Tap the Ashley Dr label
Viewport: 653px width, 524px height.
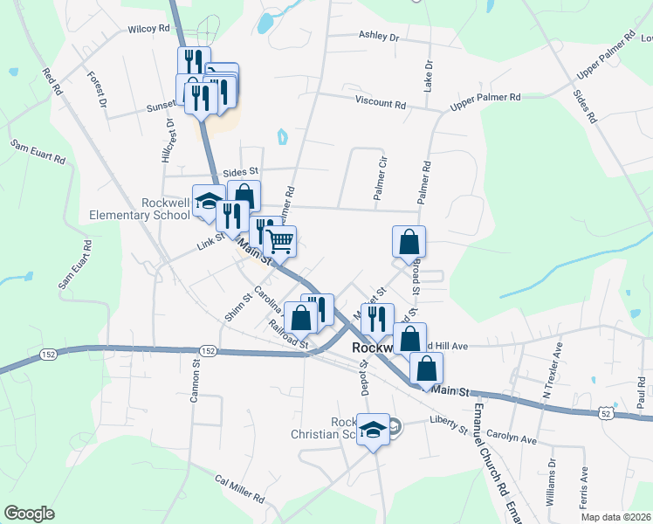378,38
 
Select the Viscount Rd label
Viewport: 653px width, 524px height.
381,104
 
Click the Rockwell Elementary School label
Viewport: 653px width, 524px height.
140,209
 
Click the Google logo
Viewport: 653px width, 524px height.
30,514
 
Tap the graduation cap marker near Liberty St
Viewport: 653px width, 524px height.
374,430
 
